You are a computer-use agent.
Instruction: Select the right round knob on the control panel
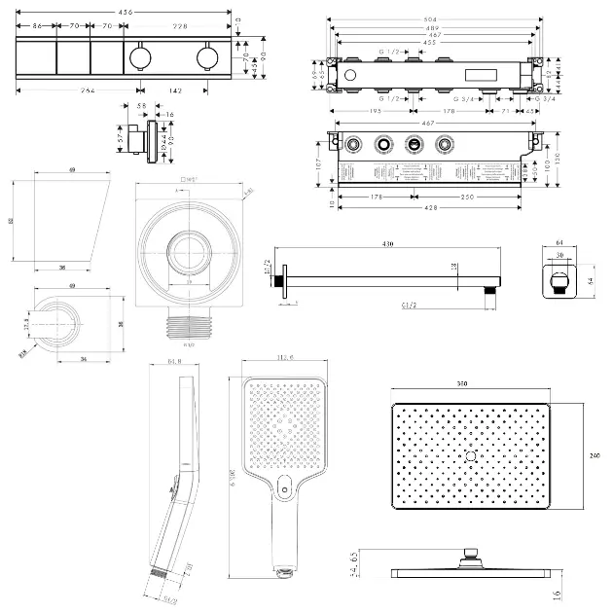pyautogui.click(x=206, y=54)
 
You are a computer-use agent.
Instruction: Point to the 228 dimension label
pyautogui.click(x=181, y=26)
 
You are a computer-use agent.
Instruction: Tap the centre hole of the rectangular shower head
pyautogui.click(x=472, y=456)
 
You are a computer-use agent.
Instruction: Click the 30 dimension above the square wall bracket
pyautogui.click(x=559, y=256)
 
